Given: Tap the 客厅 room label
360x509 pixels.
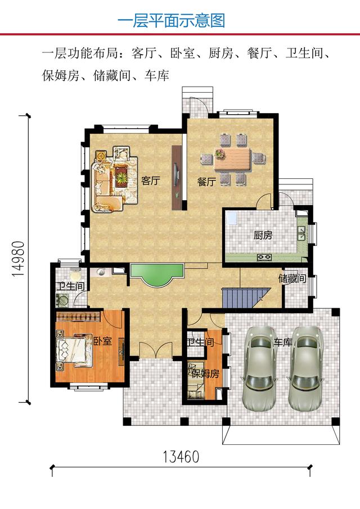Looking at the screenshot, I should point(151,181).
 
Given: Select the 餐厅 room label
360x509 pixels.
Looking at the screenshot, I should point(206,182).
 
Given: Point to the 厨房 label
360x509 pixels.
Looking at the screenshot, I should point(263,235).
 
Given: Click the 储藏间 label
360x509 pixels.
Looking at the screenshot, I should point(292,278).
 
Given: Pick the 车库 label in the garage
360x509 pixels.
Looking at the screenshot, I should point(283,341).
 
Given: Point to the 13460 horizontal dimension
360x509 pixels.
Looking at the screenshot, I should point(181,457).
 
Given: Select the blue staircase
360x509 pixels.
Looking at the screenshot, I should point(243,297).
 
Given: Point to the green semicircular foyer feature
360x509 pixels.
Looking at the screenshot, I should point(156,275).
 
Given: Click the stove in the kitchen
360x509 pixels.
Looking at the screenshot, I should point(264,258).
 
